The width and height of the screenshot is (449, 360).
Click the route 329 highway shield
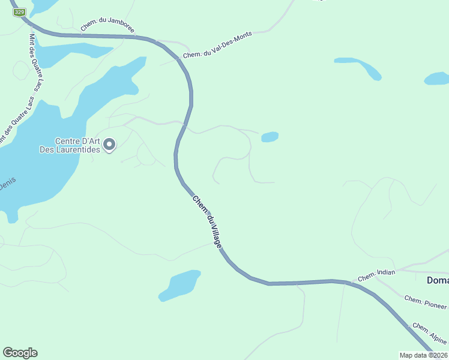(20, 12)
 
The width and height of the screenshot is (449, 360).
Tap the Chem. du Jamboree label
(107, 26)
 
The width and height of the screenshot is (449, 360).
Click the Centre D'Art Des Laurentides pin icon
(109, 144)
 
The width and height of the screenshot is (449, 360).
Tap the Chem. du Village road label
(207, 221)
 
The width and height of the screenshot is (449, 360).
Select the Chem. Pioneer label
(425, 302)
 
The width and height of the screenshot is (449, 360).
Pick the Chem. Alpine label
(429, 334)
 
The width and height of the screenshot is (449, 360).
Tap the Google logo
(20, 353)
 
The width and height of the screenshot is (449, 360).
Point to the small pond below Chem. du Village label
(179, 284)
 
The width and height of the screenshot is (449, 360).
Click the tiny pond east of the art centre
(270, 137)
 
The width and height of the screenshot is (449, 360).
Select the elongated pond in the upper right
(358, 67)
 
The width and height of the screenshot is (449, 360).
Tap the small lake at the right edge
(436, 79)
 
